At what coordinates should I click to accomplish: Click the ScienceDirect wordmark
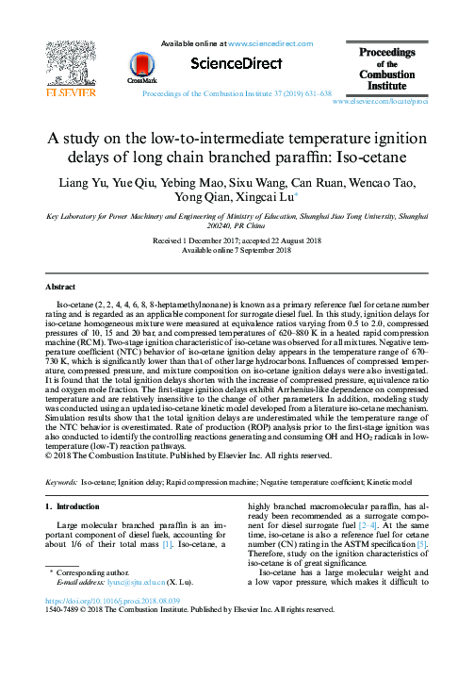tap(237, 64)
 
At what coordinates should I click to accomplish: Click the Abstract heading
tap(61, 285)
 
